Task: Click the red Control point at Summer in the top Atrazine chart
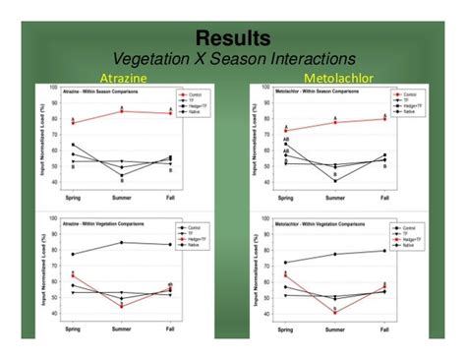[122, 111]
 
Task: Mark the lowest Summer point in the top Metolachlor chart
[334, 180]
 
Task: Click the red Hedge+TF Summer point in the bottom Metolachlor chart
[334, 312]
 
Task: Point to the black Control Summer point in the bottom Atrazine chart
[122, 242]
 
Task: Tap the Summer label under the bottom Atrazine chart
[122, 329]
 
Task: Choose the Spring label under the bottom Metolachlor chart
[285, 329]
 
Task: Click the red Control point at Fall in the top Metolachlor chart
[382, 119]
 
